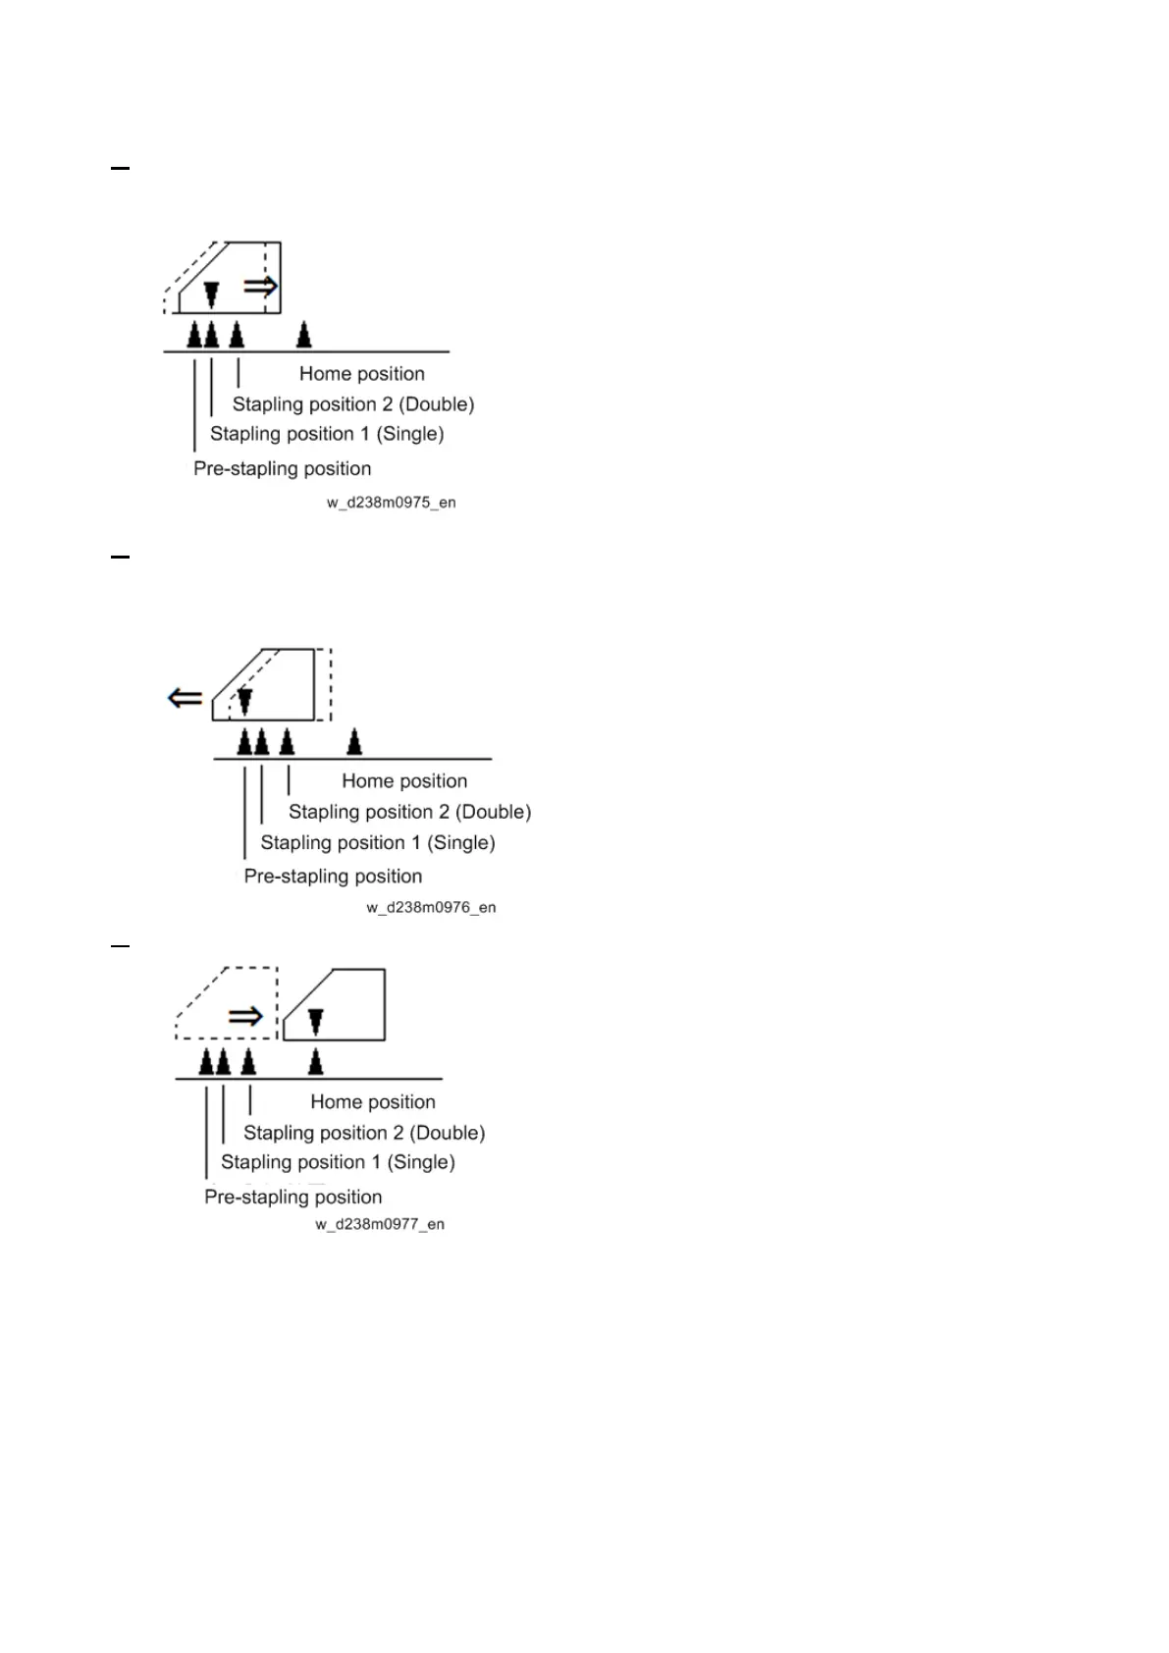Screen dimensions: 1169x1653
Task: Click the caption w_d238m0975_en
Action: click(392, 503)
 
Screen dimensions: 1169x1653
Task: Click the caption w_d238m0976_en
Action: click(431, 908)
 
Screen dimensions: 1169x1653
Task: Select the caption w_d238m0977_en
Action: click(380, 1224)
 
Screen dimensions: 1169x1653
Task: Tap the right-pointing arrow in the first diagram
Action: click(260, 286)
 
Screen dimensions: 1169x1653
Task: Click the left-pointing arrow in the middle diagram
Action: click(186, 698)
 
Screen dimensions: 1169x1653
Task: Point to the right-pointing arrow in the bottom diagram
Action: click(245, 1016)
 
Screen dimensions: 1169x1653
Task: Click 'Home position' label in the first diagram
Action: click(361, 374)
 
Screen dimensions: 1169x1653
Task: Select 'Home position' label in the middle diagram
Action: click(404, 781)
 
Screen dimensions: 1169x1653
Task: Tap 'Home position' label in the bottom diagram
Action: click(372, 1102)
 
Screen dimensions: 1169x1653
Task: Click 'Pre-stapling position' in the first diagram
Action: click(282, 469)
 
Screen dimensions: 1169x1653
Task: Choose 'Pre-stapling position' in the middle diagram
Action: click(333, 877)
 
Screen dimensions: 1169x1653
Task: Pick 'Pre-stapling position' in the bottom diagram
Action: click(292, 1198)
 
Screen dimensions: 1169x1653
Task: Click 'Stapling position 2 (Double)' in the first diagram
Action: click(353, 404)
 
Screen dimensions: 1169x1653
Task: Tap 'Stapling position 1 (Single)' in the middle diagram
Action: click(377, 843)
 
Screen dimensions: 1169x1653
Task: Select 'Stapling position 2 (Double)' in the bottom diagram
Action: click(364, 1133)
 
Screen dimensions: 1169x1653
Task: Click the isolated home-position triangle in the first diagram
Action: click(304, 336)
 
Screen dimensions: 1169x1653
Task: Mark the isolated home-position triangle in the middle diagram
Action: click(354, 742)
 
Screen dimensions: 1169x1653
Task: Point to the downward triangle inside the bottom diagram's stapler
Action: click(315, 1023)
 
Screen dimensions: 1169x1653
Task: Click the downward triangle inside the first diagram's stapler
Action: click(211, 294)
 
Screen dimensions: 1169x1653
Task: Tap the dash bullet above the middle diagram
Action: click(120, 557)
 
